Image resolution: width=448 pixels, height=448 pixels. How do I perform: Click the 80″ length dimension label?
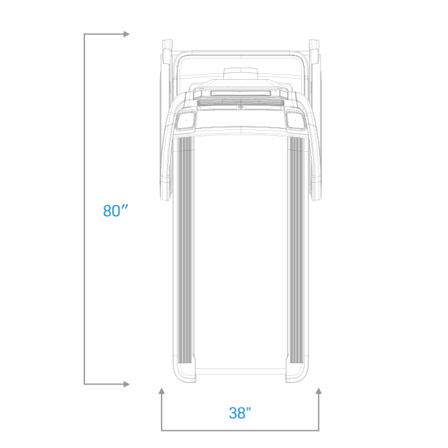pos(116,210)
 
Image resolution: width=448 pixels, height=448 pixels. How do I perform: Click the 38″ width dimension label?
pos(240,412)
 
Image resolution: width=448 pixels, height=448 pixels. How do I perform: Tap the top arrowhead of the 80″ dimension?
pos(127,34)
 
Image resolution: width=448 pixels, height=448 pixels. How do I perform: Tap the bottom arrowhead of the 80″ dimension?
pos(127,384)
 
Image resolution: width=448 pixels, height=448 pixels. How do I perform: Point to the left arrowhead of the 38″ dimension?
pos(162,391)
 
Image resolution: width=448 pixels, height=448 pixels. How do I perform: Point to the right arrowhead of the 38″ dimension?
pos(319,391)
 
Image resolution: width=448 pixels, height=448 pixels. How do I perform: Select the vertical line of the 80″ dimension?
pos(84,209)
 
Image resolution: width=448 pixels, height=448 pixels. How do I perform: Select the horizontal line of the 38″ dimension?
pos(240,430)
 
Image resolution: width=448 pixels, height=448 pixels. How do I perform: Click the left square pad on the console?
pos(186,120)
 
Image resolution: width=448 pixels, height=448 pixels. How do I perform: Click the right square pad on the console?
pos(295,120)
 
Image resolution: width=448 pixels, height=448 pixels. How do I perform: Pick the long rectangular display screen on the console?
pos(240,93)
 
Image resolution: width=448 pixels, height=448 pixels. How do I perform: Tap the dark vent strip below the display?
pos(240,103)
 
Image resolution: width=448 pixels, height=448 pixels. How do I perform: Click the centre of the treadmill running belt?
pos(241,251)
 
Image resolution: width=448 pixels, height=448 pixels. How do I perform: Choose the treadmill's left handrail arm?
pos(167,149)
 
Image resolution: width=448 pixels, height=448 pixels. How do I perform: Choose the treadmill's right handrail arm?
pos(314,149)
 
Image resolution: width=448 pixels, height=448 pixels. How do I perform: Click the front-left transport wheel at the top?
pos(167,51)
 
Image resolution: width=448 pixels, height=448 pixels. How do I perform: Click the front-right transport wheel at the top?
pos(314,51)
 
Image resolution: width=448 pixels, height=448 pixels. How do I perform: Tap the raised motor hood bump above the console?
pos(241,73)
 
